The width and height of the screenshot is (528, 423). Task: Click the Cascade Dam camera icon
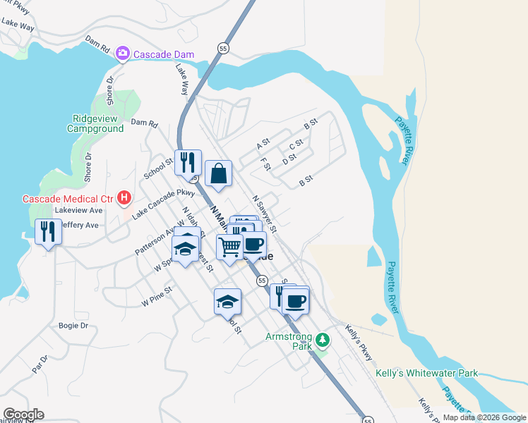click(x=122, y=53)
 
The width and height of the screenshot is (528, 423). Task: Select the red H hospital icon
click(x=124, y=198)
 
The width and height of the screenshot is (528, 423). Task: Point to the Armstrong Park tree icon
click(x=323, y=341)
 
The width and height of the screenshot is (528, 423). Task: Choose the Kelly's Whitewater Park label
click(x=427, y=373)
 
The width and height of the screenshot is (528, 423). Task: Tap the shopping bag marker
click(x=218, y=173)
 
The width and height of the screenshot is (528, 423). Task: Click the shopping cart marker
click(x=229, y=247)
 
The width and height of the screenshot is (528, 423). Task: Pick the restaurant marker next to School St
click(x=188, y=163)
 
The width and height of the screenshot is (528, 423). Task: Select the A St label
click(x=263, y=144)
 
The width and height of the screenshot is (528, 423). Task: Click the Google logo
click(x=23, y=415)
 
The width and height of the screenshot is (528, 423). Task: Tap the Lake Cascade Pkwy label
click(x=163, y=202)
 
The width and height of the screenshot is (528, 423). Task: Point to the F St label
click(x=266, y=164)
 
